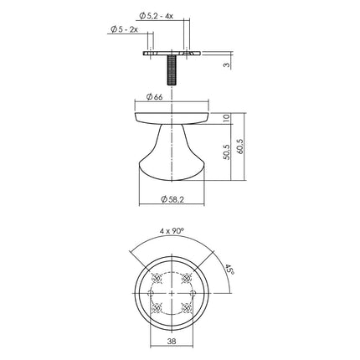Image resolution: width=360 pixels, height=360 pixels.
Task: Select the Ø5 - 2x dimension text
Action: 126,31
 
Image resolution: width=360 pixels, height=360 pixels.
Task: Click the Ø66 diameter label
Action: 154,97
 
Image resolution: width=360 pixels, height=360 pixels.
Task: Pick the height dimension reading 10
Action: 226,118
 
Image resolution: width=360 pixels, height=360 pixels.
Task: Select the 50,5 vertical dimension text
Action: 226,152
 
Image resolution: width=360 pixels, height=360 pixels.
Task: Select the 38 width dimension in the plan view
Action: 172,341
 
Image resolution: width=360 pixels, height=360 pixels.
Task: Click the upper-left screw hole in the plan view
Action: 156,279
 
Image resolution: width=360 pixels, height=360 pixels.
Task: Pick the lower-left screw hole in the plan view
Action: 156,311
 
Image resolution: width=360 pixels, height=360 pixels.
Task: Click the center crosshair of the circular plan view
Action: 172,295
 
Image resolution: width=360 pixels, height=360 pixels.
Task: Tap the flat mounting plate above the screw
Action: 172,53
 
